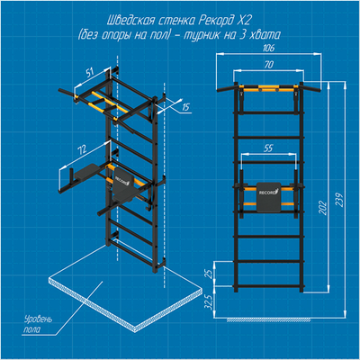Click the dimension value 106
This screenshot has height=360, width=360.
tap(268, 48)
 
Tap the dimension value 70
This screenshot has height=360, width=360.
tap(269, 65)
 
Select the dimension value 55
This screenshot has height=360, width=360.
tap(269, 148)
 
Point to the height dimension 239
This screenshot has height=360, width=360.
tap(340, 199)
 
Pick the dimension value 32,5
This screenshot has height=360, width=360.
tap(210, 301)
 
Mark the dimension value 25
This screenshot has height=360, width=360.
tap(210, 274)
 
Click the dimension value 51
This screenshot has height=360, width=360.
tap(89, 73)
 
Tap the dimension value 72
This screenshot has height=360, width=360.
tap(82, 149)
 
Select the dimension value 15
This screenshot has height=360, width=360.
tap(186, 107)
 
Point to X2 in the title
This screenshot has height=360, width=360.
tap(245, 21)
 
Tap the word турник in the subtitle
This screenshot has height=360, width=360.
tap(201, 35)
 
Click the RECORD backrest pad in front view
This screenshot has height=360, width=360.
tap(268, 197)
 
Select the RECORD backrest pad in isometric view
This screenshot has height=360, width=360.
tap(122, 182)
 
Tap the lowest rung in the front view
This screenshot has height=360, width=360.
tap(269, 286)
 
